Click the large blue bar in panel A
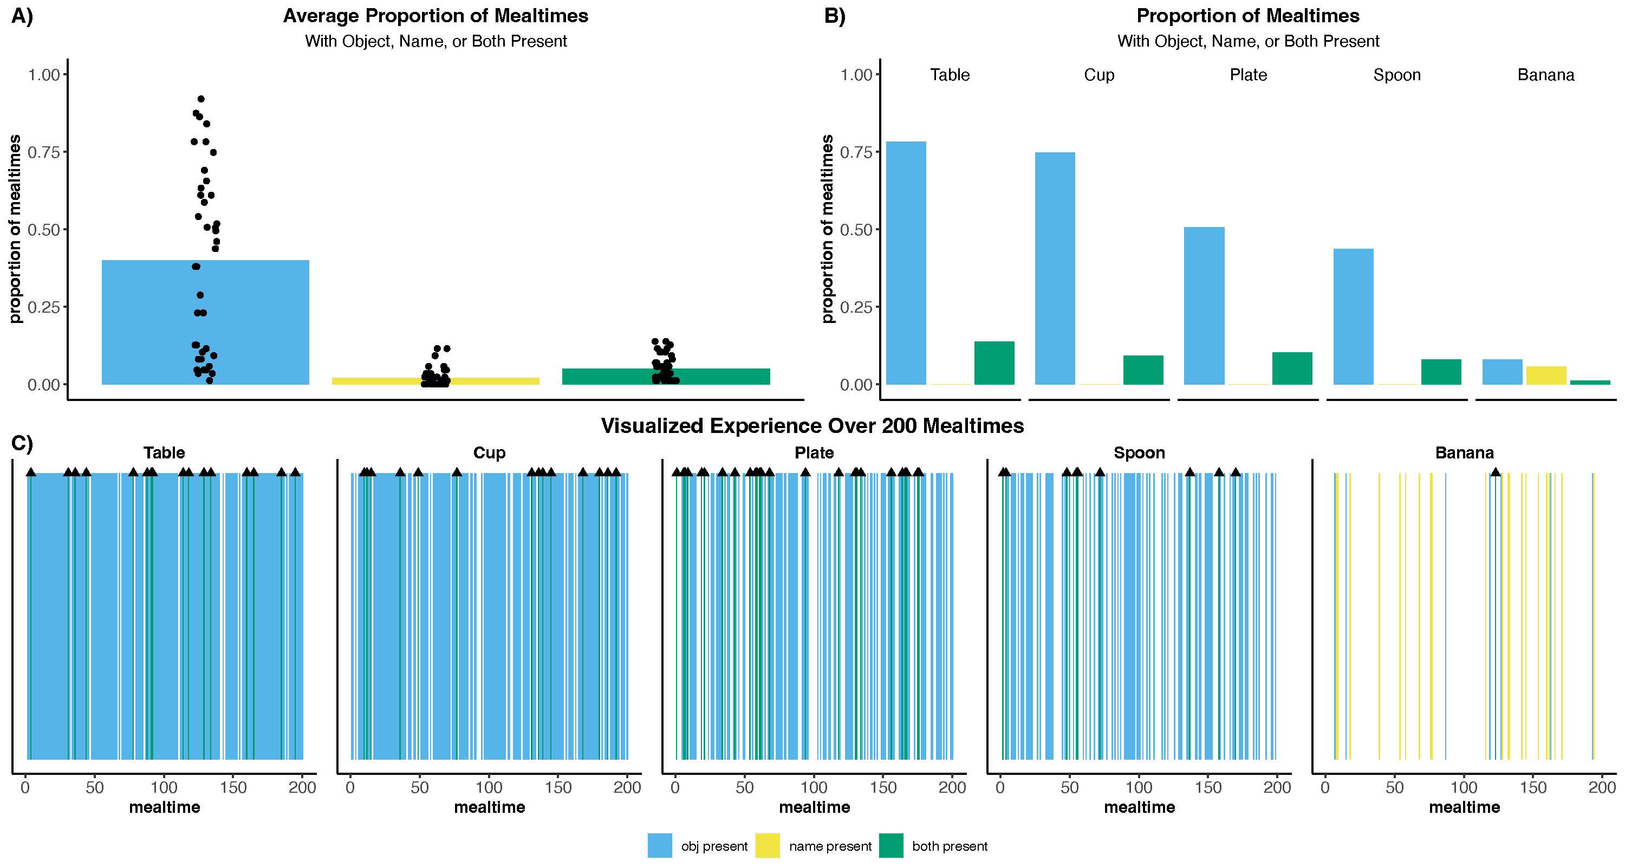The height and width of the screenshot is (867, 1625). pyautogui.click(x=205, y=322)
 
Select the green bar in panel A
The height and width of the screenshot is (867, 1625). pyautogui.click(x=666, y=376)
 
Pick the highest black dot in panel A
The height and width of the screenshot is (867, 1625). pyautogui.click(x=200, y=99)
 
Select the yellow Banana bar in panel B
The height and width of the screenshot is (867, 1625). pyautogui.click(x=1545, y=375)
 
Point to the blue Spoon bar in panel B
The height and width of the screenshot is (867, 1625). pyautogui.click(x=1353, y=316)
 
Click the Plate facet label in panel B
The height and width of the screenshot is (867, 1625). pyautogui.click(x=1248, y=75)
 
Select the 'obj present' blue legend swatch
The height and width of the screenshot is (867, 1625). pyautogui.click(x=659, y=845)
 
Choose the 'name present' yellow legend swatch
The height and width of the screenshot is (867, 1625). pyautogui.click(x=767, y=845)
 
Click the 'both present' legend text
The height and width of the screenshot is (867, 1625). pyautogui.click(x=950, y=846)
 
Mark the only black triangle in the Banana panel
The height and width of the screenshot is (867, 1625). pyautogui.click(x=1495, y=472)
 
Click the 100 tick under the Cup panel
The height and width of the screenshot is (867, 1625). pyautogui.click(x=489, y=787)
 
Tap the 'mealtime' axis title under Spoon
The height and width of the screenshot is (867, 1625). pyautogui.click(x=1139, y=807)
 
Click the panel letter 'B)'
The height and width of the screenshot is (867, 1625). pyautogui.click(x=835, y=16)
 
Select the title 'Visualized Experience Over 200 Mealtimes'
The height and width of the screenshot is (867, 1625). pyautogui.click(x=812, y=426)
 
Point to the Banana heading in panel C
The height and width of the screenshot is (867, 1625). pyautogui.click(x=1464, y=452)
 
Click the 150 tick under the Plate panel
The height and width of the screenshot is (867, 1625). pyautogui.click(x=883, y=787)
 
